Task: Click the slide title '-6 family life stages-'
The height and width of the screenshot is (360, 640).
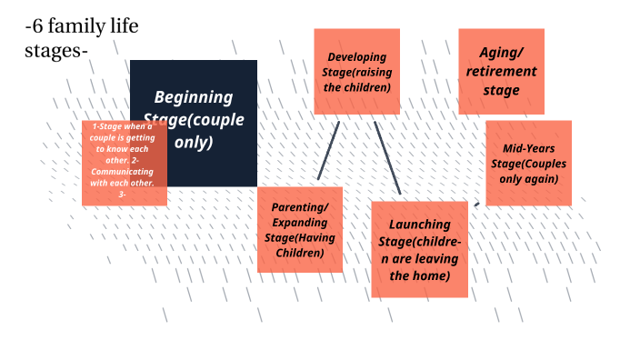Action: [82, 39]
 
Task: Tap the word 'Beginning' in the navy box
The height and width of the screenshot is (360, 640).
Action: [193, 97]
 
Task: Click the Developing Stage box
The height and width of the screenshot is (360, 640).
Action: [357, 71]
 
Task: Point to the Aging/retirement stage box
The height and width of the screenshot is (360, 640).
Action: [501, 71]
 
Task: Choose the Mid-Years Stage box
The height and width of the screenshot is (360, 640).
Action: [528, 164]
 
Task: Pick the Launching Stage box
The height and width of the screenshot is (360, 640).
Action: [419, 249]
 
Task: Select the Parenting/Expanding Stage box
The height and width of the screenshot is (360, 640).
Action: [300, 229]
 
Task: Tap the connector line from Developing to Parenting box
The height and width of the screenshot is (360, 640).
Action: [328, 150]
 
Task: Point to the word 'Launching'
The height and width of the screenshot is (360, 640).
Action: [419, 225]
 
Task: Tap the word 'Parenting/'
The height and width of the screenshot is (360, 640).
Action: [300, 207]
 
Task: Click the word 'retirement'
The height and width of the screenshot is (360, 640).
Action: [501, 72]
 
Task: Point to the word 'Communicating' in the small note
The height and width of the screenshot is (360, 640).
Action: [122, 171]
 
